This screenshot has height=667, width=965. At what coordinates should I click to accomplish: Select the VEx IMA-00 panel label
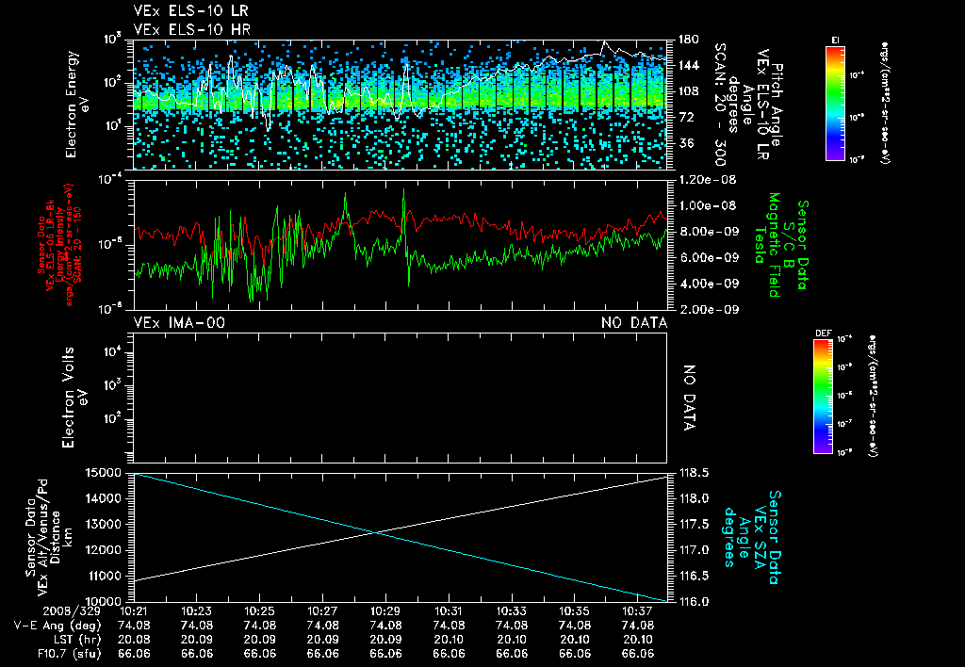179,323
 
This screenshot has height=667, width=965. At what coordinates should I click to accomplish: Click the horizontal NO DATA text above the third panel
634,323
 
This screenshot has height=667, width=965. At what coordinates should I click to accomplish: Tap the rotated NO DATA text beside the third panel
689,398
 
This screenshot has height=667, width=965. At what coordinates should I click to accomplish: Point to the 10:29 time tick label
385,610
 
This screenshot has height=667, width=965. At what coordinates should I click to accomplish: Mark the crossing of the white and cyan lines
378,533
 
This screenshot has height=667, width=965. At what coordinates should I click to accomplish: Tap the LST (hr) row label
43,638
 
